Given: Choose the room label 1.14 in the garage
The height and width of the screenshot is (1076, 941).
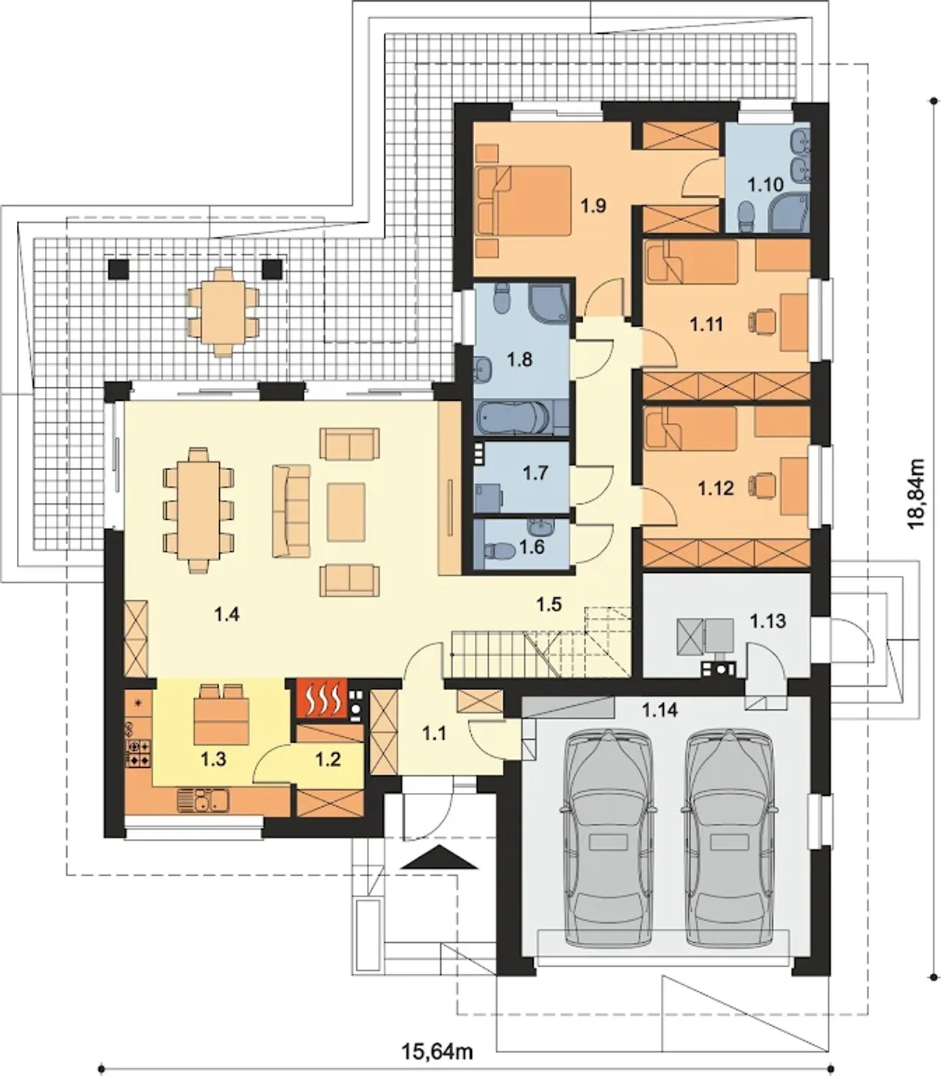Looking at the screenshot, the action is point(659,710).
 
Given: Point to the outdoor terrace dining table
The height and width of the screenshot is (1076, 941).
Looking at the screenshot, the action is point(224,312).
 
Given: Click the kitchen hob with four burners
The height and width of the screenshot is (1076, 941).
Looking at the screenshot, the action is point(138,752).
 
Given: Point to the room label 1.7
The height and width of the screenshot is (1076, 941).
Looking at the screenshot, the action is point(535,473).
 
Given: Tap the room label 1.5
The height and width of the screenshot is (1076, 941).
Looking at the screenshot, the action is point(549,605).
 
